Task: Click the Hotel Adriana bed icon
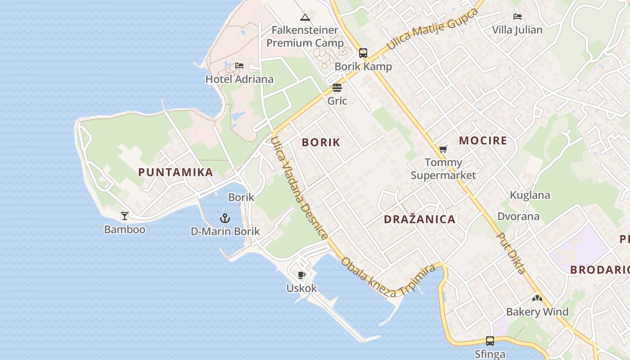(x=239, y=66)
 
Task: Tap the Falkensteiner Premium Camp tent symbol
(x=305, y=18)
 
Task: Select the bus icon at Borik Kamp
(x=363, y=53)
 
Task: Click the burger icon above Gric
(x=337, y=88)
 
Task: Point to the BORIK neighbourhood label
(x=321, y=142)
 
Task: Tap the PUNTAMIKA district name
(x=175, y=172)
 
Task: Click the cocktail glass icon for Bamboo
(x=125, y=216)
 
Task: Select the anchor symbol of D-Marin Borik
(x=225, y=219)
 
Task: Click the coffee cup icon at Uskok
(x=301, y=275)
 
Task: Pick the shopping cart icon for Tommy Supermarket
(x=443, y=149)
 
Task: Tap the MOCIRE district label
(x=483, y=140)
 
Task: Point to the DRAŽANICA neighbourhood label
(x=419, y=219)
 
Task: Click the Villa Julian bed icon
(x=517, y=17)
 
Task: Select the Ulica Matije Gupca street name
(x=432, y=29)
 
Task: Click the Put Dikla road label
(x=511, y=253)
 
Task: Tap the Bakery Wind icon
(x=537, y=298)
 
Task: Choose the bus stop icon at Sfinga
(x=490, y=341)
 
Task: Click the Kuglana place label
(x=530, y=195)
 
